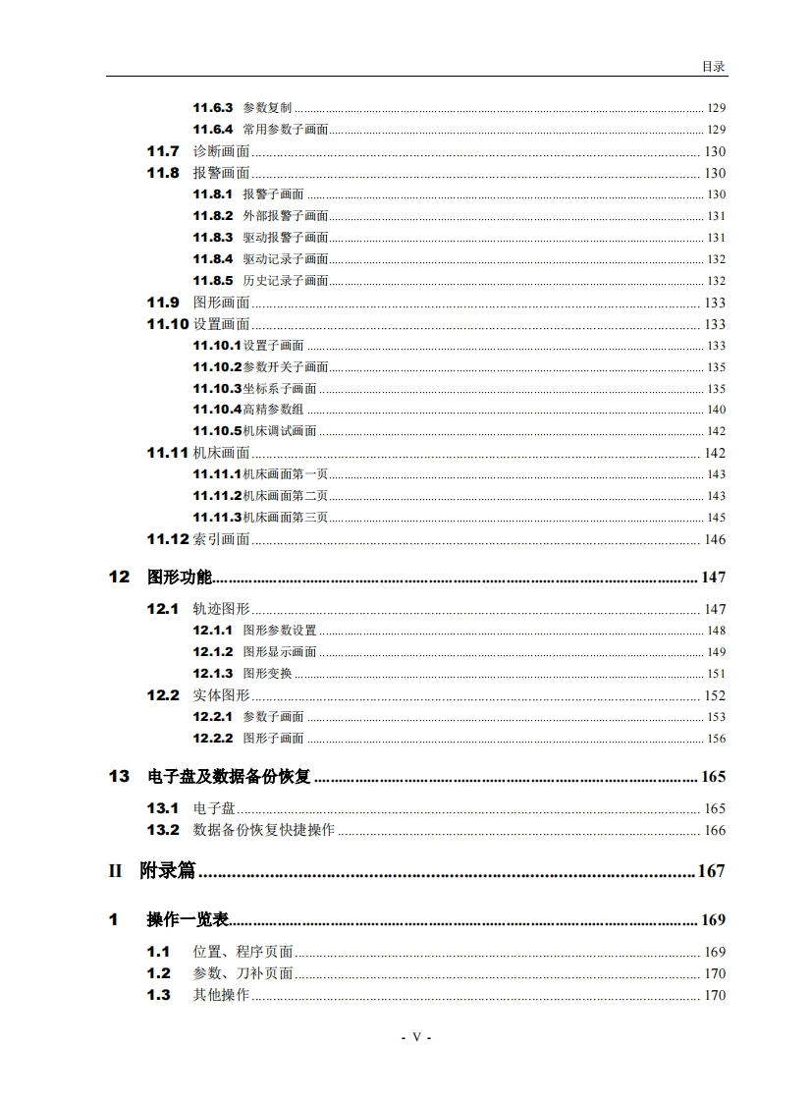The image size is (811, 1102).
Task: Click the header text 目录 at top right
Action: click(x=713, y=67)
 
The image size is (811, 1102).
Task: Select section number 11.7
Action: click(x=163, y=151)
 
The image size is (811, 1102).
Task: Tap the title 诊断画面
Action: click(x=221, y=151)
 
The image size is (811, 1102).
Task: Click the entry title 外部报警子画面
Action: click(x=286, y=216)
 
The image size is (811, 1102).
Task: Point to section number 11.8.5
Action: click(x=212, y=281)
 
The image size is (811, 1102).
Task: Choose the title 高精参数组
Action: click(x=274, y=410)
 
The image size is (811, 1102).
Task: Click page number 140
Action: click(x=716, y=410)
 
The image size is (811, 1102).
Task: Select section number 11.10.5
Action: click(x=217, y=431)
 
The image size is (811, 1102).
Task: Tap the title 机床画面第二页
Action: click(x=286, y=496)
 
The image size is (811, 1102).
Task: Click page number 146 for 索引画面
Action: click(x=715, y=539)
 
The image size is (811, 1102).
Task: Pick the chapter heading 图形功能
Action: click(x=180, y=578)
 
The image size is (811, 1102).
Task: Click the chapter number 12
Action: click(x=119, y=578)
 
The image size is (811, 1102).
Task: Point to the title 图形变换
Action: click(x=267, y=674)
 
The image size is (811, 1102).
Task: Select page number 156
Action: click(x=716, y=739)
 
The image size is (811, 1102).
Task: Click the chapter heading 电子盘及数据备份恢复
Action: click(x=229, y=777)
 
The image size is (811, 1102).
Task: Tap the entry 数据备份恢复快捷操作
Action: click(x=263, y=830)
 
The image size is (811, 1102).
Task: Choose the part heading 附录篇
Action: click(x=168, y=870)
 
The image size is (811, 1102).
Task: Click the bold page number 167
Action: click(x=711, y=870)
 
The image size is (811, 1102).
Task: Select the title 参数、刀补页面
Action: click(x=243, y=973)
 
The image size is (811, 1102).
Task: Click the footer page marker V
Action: click(x=416, y=1037)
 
